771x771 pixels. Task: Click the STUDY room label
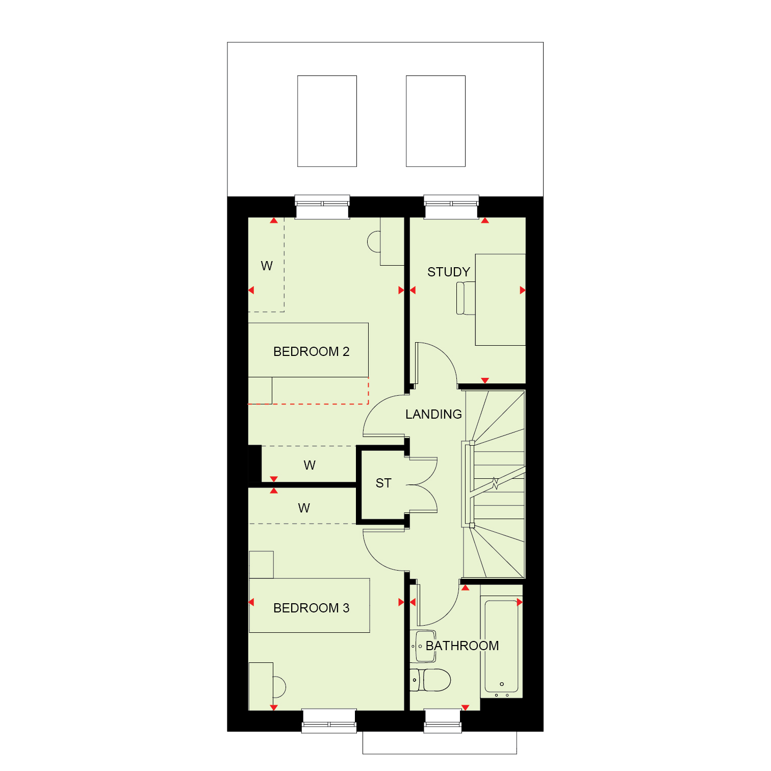(448, 272)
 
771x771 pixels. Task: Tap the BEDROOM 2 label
(311, 351)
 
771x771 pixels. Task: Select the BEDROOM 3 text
(311, 608)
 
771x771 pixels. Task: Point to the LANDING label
(433, 414)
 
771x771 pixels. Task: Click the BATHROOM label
(462, 646)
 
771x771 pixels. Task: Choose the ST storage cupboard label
(383, 483)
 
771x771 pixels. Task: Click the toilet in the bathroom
(430, 680)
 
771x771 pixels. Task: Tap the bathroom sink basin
(424, 646)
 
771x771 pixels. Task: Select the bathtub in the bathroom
(502, 646)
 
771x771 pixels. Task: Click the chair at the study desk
(466, 298)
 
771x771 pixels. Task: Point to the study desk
(500, 300)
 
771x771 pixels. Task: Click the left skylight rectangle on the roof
(327, 121)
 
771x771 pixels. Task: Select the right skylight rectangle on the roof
(435, 121)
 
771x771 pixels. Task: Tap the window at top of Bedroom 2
(323, 207)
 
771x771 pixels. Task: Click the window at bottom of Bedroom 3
(329, 721)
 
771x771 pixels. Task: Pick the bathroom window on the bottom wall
(443, 721)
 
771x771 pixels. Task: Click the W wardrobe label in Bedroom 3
(304, 508)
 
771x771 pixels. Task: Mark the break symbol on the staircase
(495, 483)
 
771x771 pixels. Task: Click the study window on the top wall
(451, 207)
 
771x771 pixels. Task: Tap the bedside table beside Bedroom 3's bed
(262, 564)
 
